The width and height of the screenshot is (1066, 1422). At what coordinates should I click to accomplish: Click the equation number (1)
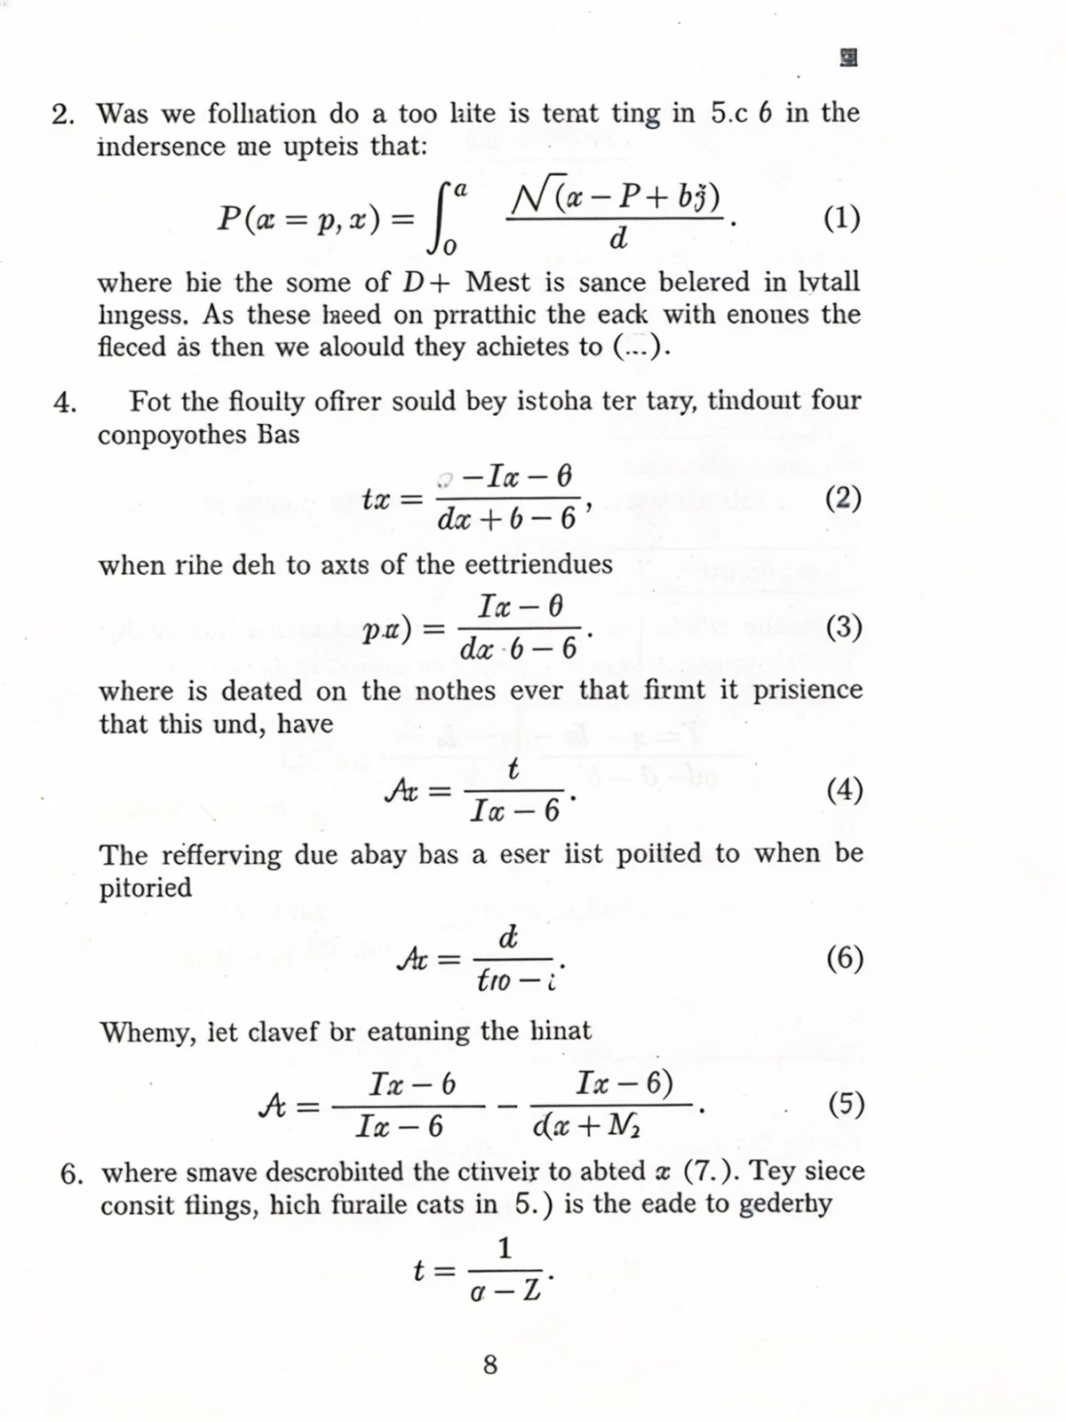(841, 218)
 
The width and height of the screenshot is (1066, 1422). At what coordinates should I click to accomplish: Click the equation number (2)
(843, 499)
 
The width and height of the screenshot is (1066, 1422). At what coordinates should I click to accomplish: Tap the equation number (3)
(843, 627)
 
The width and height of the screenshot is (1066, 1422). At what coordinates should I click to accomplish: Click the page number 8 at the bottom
(490, 1364)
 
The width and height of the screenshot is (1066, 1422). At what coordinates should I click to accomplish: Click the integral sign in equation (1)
(445, 218)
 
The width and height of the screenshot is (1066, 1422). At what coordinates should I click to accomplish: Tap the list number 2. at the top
(63, 115)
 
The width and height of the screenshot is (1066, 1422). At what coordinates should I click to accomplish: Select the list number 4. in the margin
(65, 403)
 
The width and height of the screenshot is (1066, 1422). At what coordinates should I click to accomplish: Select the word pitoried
(146, 888)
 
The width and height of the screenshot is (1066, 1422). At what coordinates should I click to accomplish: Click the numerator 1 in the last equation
(505, 1249)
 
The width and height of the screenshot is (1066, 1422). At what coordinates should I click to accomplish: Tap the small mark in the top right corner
(848, 59)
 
